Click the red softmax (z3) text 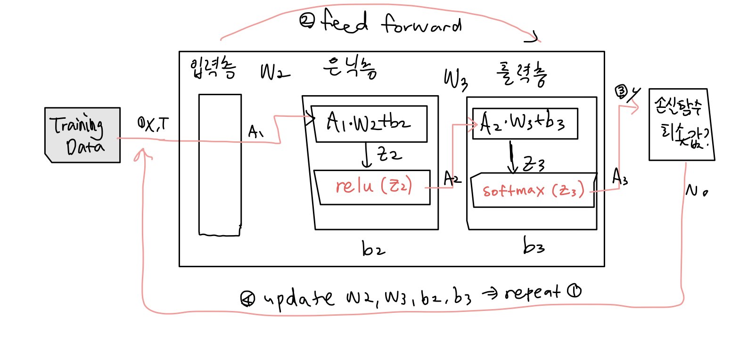click(533, 191)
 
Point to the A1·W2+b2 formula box click(370, 123)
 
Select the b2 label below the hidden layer click(371, 249)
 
